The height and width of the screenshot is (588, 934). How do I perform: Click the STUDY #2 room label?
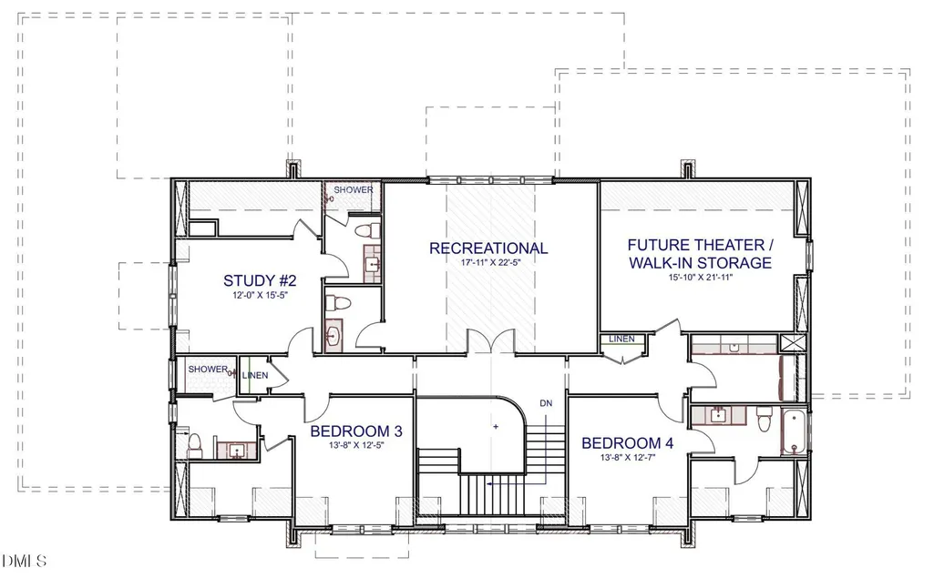point(260,280)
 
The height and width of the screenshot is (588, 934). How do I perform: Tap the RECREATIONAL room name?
point(488,248)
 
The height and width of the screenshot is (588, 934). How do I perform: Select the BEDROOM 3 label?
point(356,431)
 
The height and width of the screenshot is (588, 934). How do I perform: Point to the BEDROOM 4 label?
point(627,443)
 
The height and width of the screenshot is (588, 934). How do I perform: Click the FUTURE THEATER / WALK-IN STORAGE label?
point(701,254)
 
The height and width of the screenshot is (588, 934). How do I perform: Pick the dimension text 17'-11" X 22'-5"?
point(491,262)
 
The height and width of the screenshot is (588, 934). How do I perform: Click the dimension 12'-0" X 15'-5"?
point(261,295)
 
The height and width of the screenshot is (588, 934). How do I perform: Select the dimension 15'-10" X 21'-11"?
point(700,278)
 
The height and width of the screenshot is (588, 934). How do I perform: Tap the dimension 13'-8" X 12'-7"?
point(628,458)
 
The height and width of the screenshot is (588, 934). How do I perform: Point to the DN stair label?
point(546,403)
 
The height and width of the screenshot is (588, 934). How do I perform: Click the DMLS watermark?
point(24,561)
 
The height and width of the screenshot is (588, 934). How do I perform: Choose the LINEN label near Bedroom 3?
point(255,376)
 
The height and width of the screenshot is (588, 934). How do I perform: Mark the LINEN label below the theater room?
point(621,339)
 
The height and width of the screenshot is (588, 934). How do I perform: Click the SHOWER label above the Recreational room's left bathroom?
point(354,190)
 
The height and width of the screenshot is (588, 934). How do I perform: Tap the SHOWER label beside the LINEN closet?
point(208,369)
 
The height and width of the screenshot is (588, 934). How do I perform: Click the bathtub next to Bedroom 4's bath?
point(793,432)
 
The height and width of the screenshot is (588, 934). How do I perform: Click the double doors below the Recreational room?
point(491,341)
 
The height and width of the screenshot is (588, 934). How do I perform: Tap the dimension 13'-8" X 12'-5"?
point(357,444)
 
